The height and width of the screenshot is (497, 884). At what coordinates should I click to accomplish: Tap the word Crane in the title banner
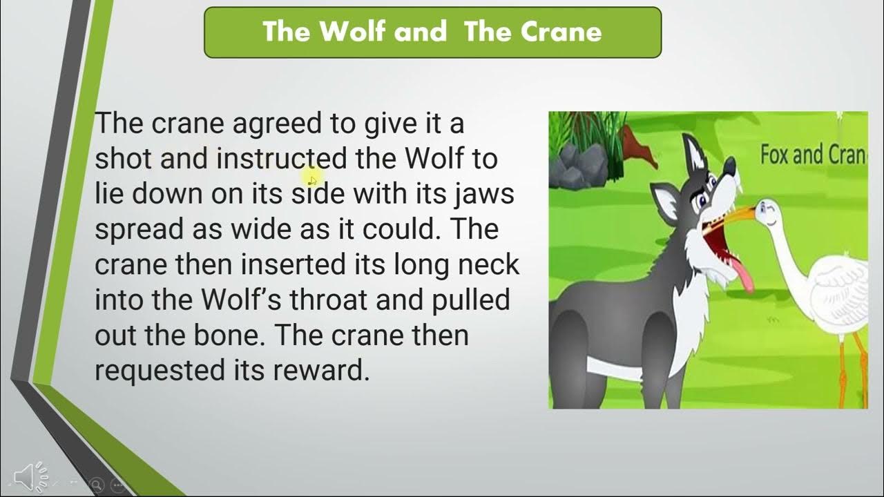(566, 32)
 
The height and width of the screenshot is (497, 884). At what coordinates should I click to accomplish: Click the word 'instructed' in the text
(282, 159)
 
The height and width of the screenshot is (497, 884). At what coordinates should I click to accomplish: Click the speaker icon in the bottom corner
(25, 476)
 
